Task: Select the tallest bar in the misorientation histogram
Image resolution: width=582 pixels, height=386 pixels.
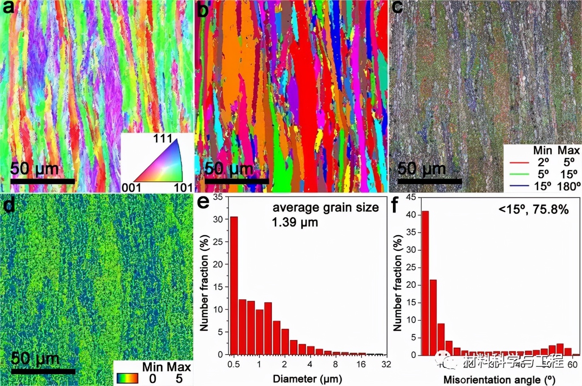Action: (x=425, y=283)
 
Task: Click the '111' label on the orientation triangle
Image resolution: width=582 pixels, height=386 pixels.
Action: (x=163, y=139)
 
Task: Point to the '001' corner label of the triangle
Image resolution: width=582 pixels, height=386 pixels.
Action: (x=131, y=187)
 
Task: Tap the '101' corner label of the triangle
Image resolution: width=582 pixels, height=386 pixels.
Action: (x=183, y=187)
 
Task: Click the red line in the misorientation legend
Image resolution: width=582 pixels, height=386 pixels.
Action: (x=519, y=163)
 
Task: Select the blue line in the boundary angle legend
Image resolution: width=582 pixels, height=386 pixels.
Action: (x=519, y=186)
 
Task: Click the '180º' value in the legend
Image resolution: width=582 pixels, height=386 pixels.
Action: (x=568, y=186)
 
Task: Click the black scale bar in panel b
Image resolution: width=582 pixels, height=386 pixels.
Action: (x=236, y=181)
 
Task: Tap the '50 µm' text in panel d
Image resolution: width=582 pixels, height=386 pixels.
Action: (x=35, y=358)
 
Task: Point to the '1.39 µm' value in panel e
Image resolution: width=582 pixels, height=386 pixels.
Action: (x=295, y=222)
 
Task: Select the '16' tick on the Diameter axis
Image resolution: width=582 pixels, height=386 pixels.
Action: (x=361, y=364)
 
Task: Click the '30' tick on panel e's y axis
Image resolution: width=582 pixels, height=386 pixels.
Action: (x=218, y=219)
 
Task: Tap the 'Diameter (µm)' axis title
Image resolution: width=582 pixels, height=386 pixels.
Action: (x=307, y=379)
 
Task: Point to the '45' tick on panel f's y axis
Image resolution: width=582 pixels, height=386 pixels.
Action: (x=411, y=197)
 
